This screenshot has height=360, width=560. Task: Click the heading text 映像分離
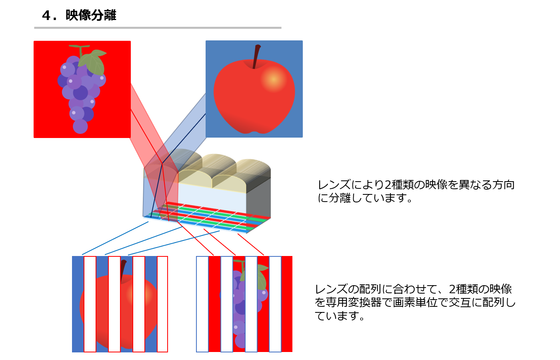[91, 15]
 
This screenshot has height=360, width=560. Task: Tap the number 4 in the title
[46, 16]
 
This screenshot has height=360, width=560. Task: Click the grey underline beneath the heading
[158, 28]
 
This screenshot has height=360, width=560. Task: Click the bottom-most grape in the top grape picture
[80, 126]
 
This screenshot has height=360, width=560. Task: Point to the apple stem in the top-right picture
[256, 56]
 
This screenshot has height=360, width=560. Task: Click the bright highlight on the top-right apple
[274, 79]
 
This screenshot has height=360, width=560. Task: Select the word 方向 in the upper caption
[503, 185]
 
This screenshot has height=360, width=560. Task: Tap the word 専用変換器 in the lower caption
[354, 302]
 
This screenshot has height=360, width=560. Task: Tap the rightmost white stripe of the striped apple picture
[162, 304]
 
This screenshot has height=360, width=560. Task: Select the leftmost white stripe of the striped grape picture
[202, 304]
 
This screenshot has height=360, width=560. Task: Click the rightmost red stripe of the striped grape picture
[287, 304]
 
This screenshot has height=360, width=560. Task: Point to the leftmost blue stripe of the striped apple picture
[78, 304]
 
